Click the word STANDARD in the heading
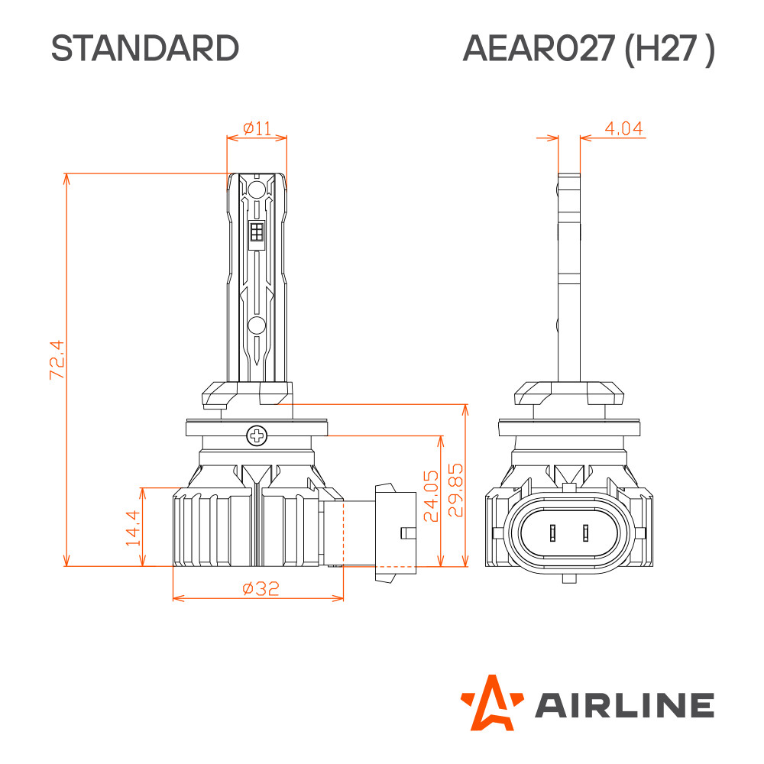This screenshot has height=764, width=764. [144, 48]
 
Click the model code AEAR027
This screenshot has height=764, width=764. [539, 48]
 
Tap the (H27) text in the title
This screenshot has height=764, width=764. [669, 49]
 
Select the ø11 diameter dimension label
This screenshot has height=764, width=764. [257, 128]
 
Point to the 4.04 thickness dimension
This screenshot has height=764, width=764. [623, 128]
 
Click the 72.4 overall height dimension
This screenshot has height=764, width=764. [57, 360]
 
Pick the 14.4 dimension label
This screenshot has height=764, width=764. [133, 528]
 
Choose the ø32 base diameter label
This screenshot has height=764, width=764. [261, 588]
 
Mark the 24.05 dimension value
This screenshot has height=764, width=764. [431, 496]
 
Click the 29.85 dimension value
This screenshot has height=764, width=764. [455, 490]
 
